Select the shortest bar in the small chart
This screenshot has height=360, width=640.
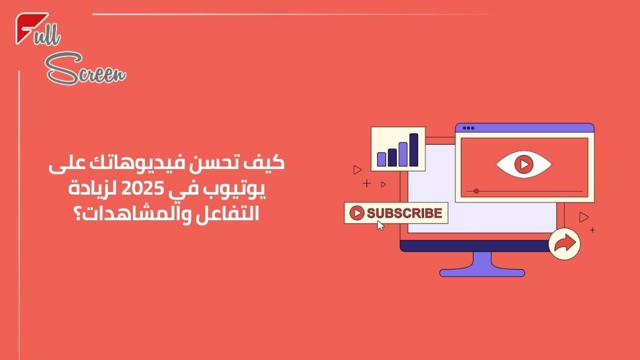[x=381, y=158]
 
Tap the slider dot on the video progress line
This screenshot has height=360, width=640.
[x=476, y=191]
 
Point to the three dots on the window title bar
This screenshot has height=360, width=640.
[x=468, y=128]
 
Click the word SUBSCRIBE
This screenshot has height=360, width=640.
[x=404, y=213]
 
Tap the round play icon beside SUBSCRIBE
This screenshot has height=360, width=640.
[x=356, y=213]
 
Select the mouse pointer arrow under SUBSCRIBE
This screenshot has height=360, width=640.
[x=381, y=225]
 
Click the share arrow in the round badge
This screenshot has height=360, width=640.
[x=564, y=244]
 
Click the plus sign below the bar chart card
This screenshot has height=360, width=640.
[x=366, y=184]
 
